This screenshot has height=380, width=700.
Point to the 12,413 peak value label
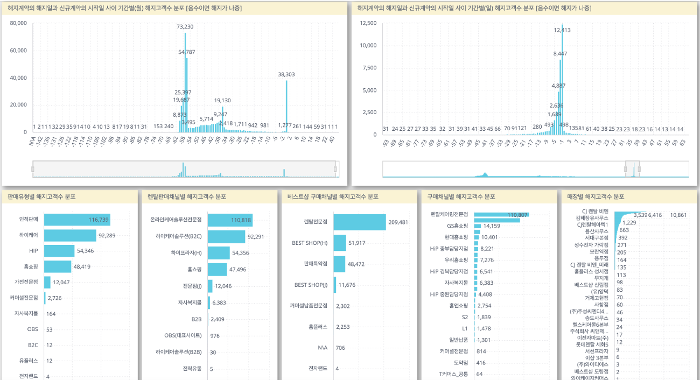(562, 30)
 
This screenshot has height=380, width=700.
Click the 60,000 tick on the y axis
(18, 51)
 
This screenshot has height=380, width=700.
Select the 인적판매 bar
(77, 220)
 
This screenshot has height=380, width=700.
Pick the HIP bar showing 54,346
(59, 251)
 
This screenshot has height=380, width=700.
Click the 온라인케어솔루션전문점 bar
(230, 220)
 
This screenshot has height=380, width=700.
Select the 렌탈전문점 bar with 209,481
(359, 222)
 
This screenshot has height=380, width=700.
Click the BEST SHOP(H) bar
(339, 243)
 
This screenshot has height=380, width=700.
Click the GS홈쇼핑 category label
(457, 226)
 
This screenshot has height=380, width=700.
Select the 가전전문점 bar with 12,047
(47, 282)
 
